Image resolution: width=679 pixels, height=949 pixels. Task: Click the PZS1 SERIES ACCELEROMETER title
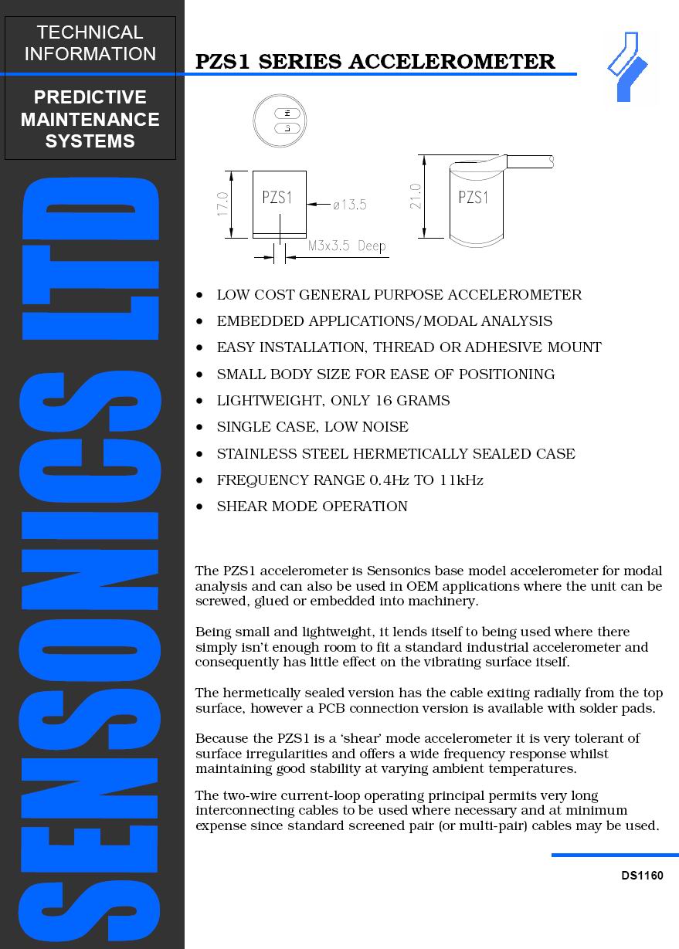375,62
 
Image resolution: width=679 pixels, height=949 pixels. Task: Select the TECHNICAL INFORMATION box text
90,43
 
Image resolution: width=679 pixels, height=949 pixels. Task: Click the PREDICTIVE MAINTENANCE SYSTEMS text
90,119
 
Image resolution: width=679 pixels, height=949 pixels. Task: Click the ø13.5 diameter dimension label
349,205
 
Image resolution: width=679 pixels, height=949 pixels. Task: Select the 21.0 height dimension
416,196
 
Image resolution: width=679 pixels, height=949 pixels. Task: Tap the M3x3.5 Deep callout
347,246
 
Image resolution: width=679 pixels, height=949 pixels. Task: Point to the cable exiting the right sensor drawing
529,161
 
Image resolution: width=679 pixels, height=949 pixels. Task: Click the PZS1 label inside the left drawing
277,197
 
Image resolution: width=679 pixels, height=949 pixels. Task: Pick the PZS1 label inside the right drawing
474,197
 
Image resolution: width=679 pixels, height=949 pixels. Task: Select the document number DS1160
642,876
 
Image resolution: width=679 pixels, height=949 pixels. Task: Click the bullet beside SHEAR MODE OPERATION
200,507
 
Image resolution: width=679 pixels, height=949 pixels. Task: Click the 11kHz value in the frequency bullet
461,480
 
